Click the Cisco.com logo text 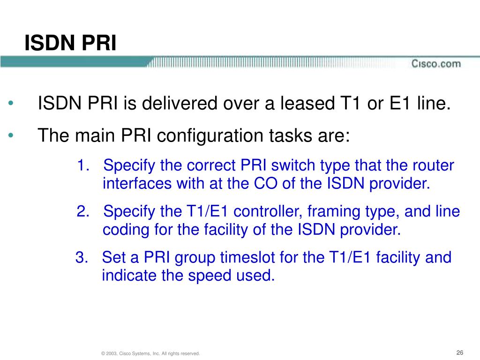coord(436,64)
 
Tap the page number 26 coord(459,352)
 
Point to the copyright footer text coord(150,353)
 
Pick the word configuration coord(210,135)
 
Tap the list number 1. coord(82,165)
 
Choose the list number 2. coord(83,211)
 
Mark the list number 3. coord(82,257)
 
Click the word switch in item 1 coord(293,165)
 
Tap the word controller coord(268,211)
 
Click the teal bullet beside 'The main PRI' coord(11,135)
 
